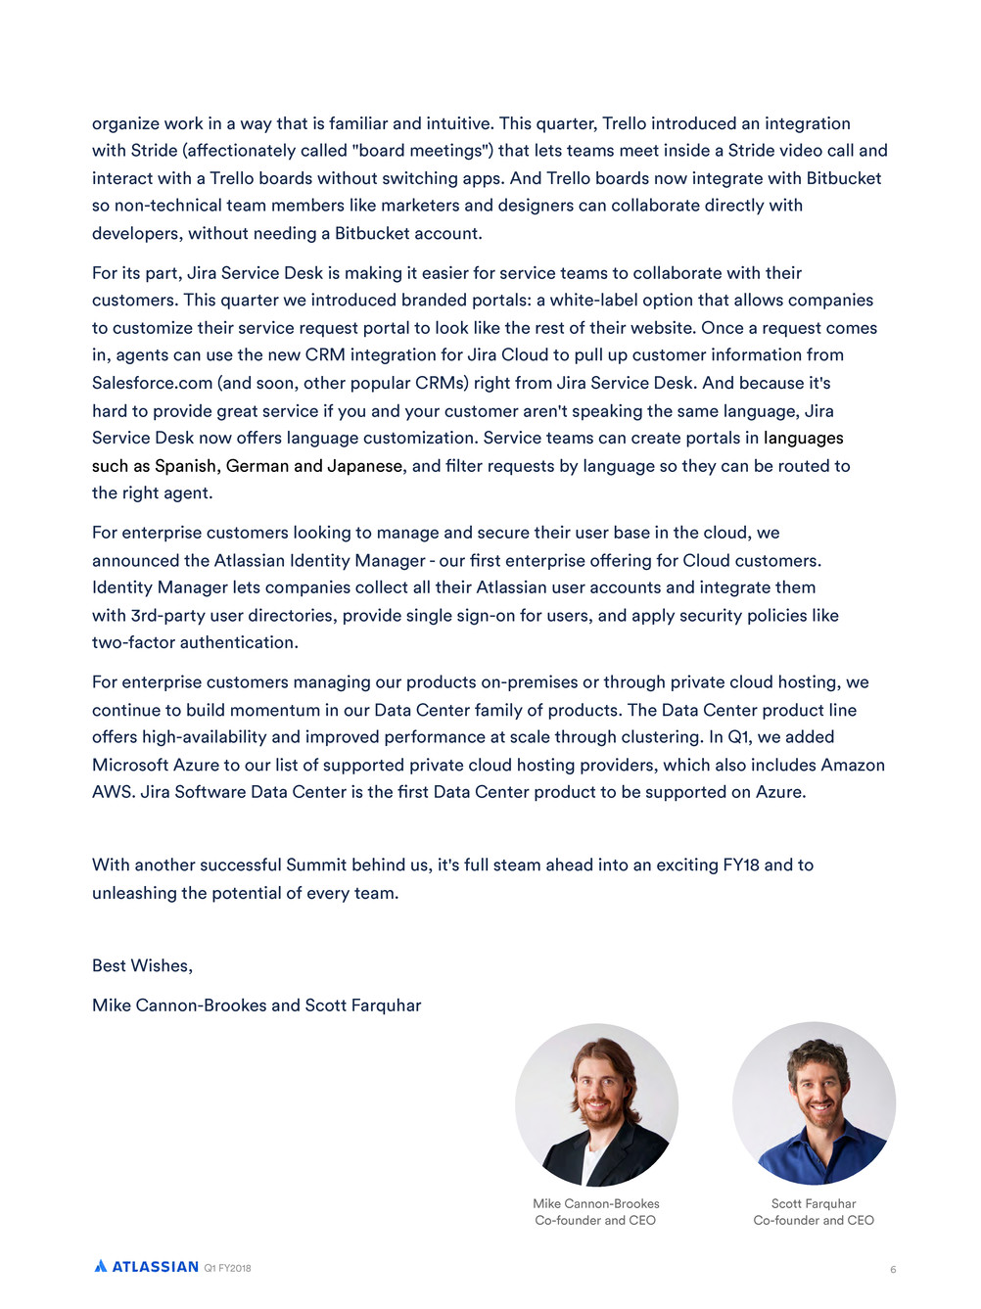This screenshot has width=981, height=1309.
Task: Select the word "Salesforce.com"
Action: pyautogui.click(x=152, y=383)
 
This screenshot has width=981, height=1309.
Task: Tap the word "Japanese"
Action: pyautogui.click(x=364, y=466)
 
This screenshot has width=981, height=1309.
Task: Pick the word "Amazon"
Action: pyautogui.click(x=853, y=765)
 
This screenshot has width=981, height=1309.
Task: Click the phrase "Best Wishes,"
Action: pyautogui.click(x=142, y=965)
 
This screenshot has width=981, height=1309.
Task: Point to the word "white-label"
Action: pyautogui.click(x=595, y=300)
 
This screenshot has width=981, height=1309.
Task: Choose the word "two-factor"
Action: pyautogui.click(x=133, y=642)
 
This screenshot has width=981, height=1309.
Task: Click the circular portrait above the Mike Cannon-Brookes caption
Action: pyautogui.click(x=596, y=1104)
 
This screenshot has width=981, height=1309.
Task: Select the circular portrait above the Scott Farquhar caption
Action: pyautogui.click(x=814, y=1104)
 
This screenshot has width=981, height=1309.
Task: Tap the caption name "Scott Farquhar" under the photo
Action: pyautogui.click(x=814, y=1203)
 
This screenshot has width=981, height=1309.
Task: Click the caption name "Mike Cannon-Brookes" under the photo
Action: pyautogui.click(x=596, y=1203)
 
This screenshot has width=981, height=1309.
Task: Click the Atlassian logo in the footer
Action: pyautogui.click(x=147, y=1266)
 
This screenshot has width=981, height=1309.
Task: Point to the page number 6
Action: pyautogui.click(x=893, y=1270)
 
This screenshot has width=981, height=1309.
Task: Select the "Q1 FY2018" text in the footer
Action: pyautogui.click(x=227, y=1268)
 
